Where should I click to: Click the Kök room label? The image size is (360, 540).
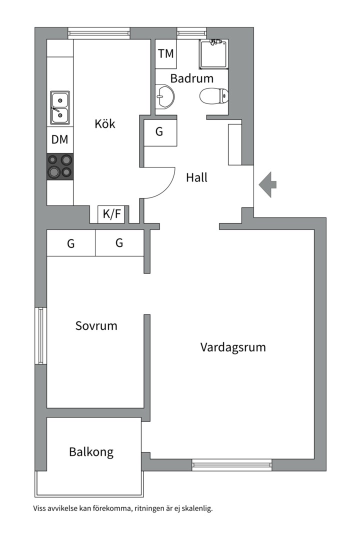(x=105, y=123)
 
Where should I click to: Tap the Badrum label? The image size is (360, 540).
(x=191, y=78)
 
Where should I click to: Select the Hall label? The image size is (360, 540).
(x=196, y=177)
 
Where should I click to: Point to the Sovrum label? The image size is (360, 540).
(x=96, y=326)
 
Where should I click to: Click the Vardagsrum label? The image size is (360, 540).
(x=233, y=347)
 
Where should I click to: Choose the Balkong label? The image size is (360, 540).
(x=91, y=452)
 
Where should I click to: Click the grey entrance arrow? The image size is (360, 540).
(x=267, y=184)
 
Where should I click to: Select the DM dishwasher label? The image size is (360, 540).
(x=60, y=140)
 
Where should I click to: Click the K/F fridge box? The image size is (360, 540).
(x=112, y=214)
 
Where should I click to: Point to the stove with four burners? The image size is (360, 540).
(x=60, y=166)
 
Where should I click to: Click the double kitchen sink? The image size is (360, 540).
(x=59, y=107)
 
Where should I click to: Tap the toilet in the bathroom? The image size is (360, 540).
(x=213, y=95)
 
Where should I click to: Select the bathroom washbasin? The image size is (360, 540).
(x=164, y=96)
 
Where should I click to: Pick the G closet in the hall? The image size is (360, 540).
(x=160, y=132)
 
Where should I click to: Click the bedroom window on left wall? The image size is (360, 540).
(x=41, y=335)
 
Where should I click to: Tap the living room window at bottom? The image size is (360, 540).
(x=232, y=465)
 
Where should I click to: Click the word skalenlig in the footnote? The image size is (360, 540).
(x=196, y=508)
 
